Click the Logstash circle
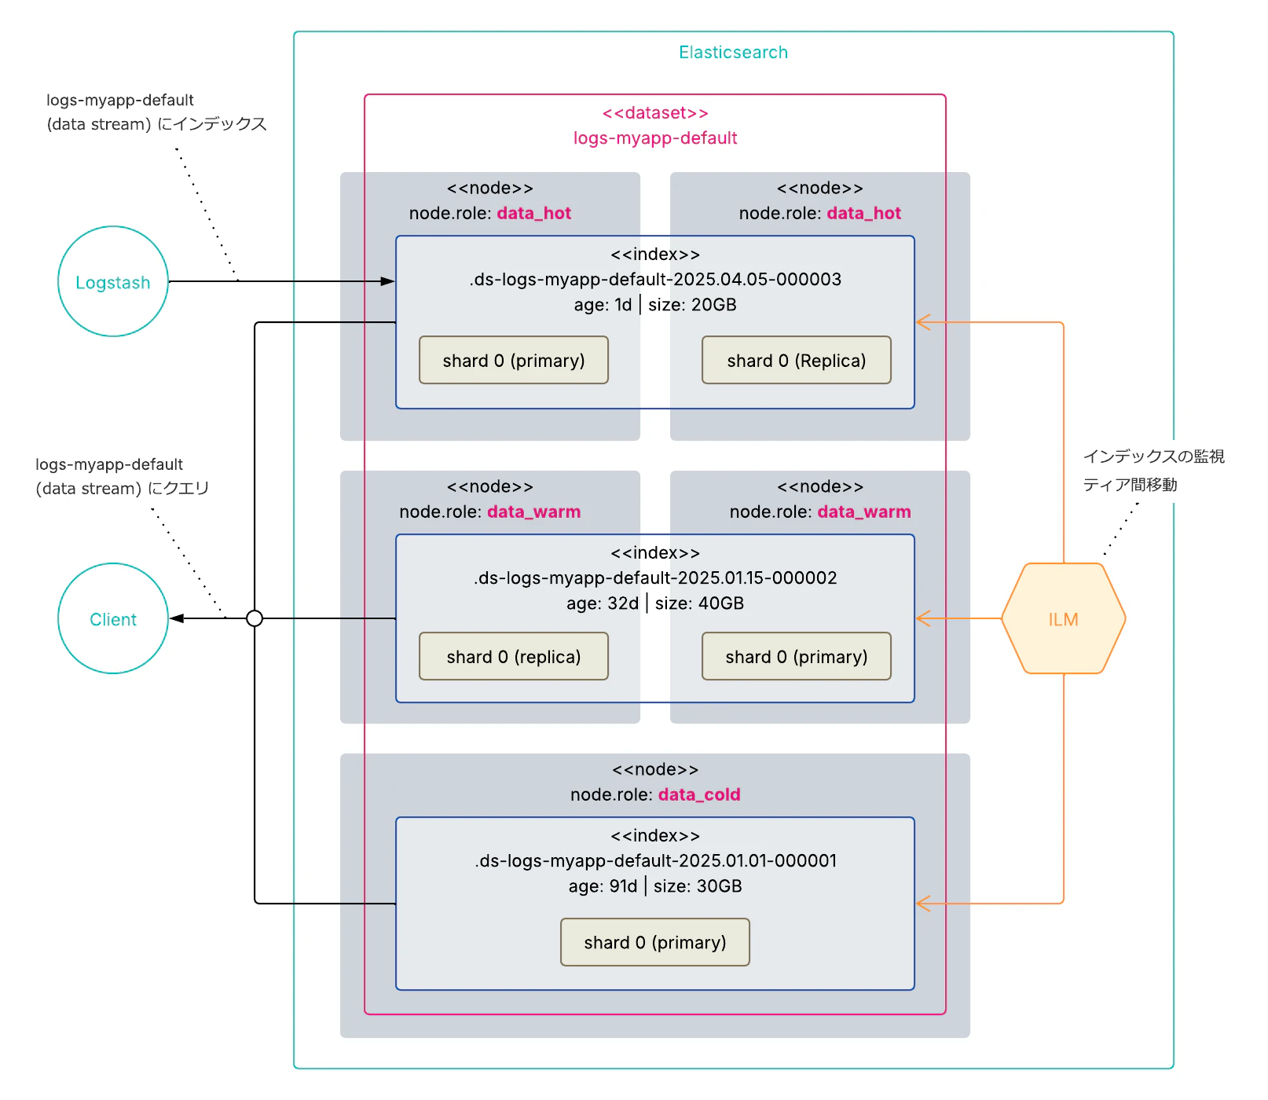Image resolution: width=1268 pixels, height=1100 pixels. click(113, 281)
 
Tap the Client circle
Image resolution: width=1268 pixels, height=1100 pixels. click(113, 618)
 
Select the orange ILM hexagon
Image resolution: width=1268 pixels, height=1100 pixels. click(1063, 618)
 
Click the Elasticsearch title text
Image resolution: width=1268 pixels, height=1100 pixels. click(733, 53)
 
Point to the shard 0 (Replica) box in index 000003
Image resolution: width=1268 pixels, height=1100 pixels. click(796, 361)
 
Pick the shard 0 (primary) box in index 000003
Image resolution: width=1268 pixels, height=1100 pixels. click(513, 361)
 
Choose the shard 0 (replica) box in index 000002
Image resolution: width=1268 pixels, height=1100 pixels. click(513, 657)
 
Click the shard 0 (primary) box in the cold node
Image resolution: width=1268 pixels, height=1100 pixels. click(654, 942)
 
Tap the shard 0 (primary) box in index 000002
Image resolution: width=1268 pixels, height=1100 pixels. click(796, 657)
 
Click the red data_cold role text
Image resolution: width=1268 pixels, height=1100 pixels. click(699, 794)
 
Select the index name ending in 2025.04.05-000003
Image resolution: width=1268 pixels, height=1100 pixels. click(655, 280)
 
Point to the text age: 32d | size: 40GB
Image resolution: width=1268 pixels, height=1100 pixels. click(655, 603)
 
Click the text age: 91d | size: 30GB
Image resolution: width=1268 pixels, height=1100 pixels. click(655, 886)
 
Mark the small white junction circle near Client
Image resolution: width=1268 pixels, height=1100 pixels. click(255, 618)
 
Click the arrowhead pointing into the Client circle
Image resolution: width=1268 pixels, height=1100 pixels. click(177, 618)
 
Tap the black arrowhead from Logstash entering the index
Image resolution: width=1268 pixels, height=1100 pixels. click(387, 281)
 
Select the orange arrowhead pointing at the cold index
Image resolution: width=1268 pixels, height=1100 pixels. click(924, 904)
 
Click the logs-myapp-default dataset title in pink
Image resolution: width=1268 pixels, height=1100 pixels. click(655, 138)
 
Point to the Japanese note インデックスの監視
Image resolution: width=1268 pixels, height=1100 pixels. click(1153, 456)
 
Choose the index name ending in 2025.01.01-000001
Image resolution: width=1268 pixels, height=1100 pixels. click(655, 861)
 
